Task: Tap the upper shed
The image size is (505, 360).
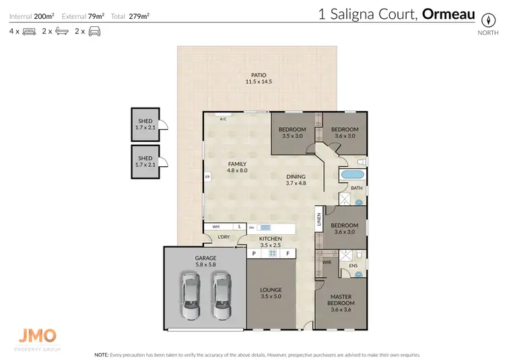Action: click(145, 124)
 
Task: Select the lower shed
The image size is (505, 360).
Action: click(145, 161)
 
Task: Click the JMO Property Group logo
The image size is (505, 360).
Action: click(38, 338)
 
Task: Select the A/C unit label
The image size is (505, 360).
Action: click(224, 118)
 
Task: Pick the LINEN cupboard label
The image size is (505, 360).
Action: click(318, 219)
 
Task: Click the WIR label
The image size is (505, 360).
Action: click(327, 262)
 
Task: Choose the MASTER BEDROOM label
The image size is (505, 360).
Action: click(341, 299)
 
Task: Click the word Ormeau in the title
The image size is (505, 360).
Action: click(448, 15)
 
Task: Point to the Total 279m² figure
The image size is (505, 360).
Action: click(133, 15)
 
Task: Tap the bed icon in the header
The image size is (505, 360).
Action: click(29, 31)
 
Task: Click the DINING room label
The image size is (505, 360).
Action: click(296, 178)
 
